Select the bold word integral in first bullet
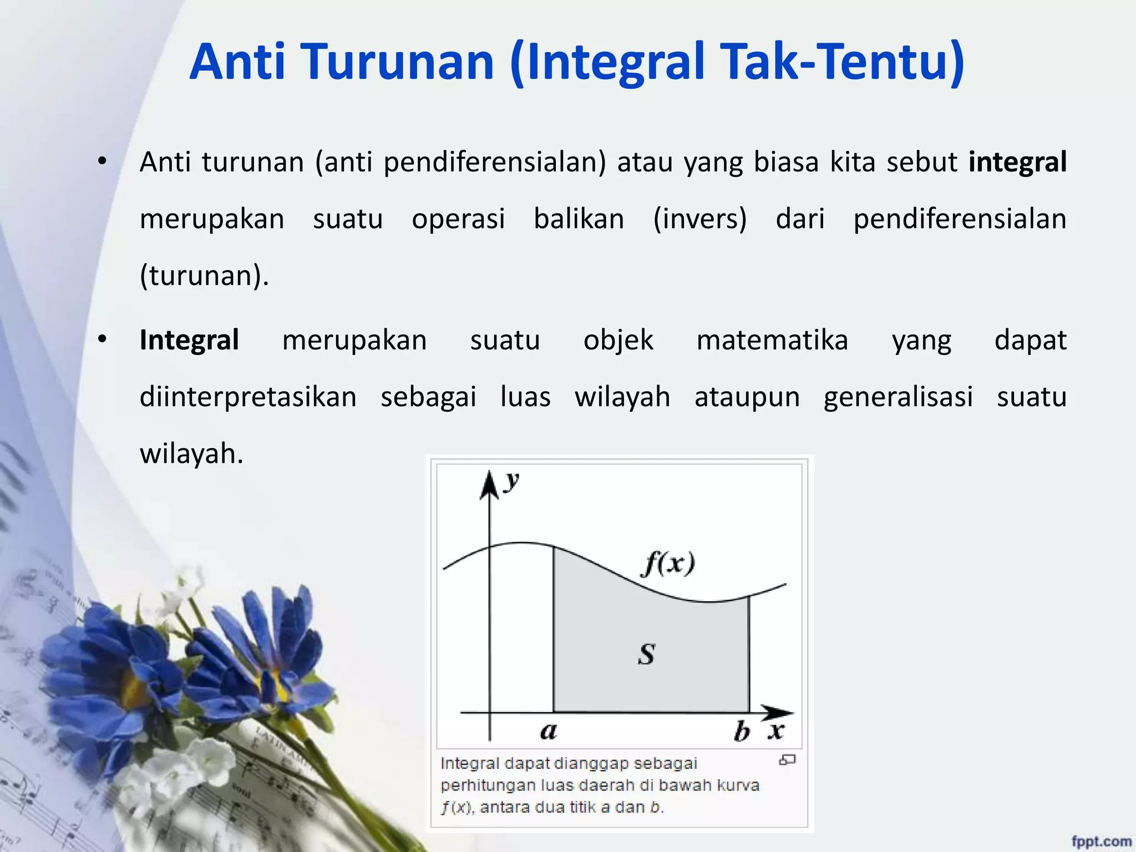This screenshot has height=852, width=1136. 1017,163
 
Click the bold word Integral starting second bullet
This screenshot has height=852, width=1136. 189,340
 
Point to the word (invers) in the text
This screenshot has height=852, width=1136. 699,219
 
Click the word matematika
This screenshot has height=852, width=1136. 772,340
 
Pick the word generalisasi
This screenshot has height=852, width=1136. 898,397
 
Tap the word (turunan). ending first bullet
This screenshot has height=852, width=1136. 204,276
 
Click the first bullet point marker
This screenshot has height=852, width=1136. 102,162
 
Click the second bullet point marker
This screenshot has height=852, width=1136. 102,339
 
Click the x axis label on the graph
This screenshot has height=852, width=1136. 776,731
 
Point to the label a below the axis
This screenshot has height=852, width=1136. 548,731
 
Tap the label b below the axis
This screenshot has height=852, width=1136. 741,731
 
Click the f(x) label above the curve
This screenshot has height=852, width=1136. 668,564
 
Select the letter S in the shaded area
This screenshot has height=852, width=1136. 646,655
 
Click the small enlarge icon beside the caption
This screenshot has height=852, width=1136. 787,760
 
